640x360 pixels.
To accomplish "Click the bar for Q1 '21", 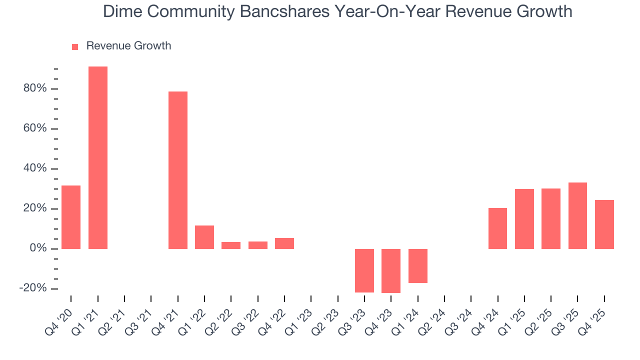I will click(98, 157).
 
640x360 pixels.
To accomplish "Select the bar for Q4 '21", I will click(178, 170).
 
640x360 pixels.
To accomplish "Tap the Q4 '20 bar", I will click(71, 217).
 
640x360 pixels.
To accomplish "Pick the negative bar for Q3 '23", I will click(364, 270).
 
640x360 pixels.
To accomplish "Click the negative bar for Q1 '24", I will click(418, 266).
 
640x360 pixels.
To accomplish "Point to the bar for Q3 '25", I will click(577, 215).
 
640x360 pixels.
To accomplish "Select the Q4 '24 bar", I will click(497, 228).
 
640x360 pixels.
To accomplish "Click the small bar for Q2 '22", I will click(231, 245).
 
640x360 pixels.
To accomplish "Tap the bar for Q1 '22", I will click(204, 237).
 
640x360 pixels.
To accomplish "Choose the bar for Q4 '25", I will click(604, 224).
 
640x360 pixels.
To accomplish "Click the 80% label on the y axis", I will click(34, 88).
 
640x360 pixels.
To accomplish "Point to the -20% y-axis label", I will click(33, 288).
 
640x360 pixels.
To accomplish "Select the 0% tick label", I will click(38, 248).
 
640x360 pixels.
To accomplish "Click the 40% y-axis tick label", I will click(34, 168).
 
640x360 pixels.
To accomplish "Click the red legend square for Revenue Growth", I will click(75, 46).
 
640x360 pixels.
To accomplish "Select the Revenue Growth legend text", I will click(128, 46).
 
